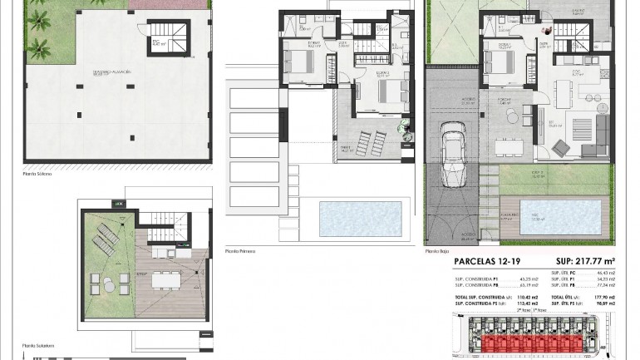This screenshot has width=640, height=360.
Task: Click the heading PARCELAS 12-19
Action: (x=487, y=262)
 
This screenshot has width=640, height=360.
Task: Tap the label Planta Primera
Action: (x=239, y=250)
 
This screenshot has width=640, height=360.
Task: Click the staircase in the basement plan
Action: (x=176, y=34)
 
